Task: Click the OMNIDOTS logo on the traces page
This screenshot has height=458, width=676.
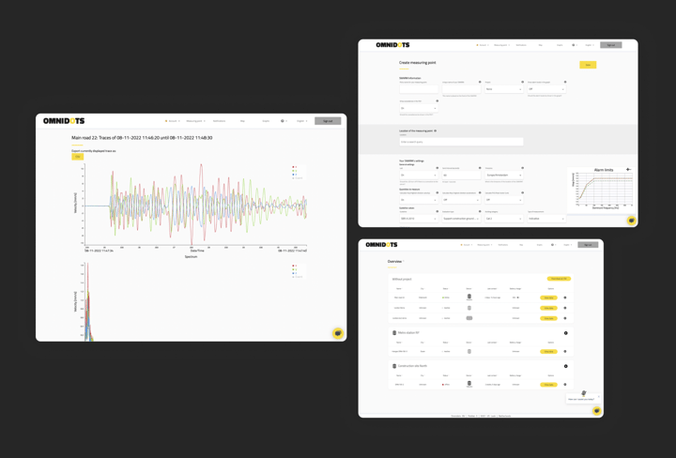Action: pyautogui.click(x=65, y=121)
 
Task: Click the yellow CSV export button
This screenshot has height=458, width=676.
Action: pyautogui.click(x=77, y=157)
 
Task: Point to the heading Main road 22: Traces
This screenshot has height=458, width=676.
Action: pyautogui.click(x=142, y=138)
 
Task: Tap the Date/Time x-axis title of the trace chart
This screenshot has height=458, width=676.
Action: pyautogui.click(x=196, y=251)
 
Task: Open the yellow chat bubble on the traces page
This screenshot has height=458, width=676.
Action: pyautogui.click(x=337, y=333)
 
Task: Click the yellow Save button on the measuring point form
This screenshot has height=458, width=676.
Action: pyautogui.click(x=588, y=65)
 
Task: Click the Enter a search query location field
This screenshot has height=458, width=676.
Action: pyautogui.click(x=461, y=142)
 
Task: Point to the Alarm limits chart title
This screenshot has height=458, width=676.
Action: pyautogui.click(x=603, y=170)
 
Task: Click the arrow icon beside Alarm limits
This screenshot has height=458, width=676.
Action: pyautogui.click(x=628, y=170)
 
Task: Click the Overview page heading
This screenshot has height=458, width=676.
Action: pyautogui.click(x=394, y=261)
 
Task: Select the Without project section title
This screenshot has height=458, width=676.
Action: pyautogui.click(x=402, y=279)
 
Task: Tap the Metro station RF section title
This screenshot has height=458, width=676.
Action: pyautogui.click(x=409, y=332)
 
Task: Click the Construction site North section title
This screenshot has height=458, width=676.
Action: pyautogui.click(x=413, y=366)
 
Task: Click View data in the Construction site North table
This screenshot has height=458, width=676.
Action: pyautogui.click(x=549, y=385)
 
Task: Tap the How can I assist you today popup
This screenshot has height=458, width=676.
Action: pyautogui.click(x=581, y=399)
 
